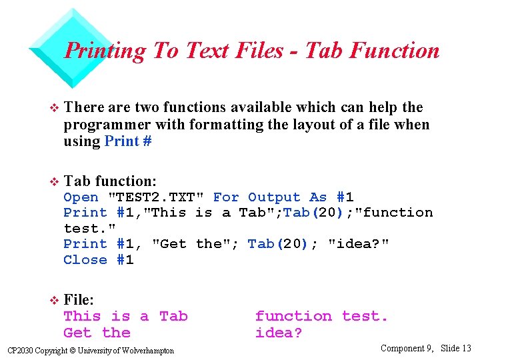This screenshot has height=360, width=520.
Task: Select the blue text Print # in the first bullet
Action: pos(128,141)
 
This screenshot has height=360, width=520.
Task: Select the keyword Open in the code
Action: pos(81,197)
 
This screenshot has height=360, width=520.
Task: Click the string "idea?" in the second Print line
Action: pos(359,244)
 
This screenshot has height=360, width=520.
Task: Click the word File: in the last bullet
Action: pos(79,301)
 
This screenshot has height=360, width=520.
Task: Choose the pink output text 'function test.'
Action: pos(321,316)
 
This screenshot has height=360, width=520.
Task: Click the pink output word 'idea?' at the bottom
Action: pos(279,333)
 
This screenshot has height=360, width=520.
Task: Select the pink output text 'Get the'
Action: pos(97,333)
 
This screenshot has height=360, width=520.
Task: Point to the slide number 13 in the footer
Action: pos(466,348)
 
